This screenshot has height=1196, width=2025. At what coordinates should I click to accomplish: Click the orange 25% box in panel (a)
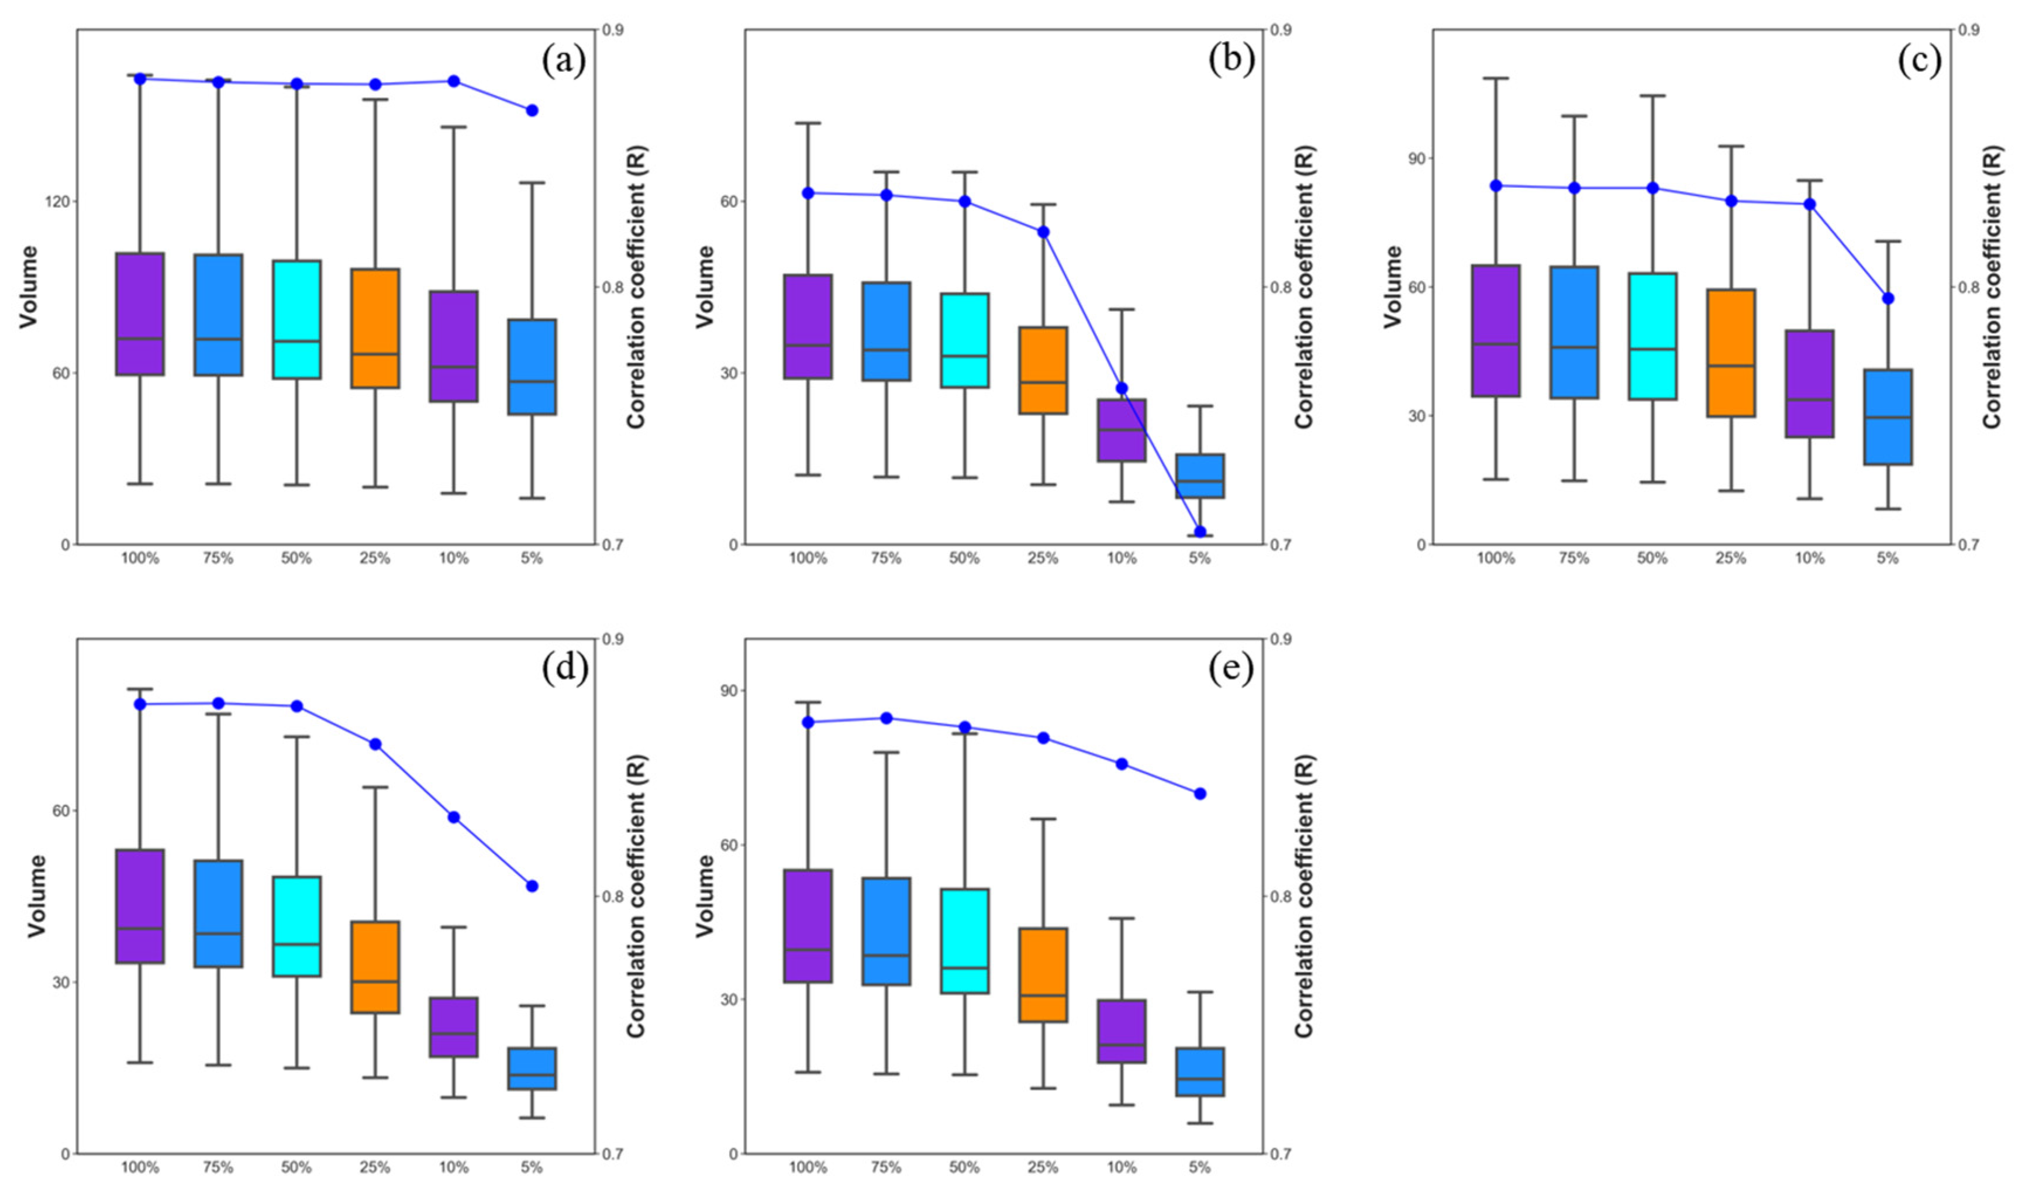(x=375, y=328)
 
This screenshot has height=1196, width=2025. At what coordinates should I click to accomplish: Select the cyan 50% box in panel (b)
(x=965, y=340)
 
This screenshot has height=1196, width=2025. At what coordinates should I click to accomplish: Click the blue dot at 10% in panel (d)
(x=454, y=817)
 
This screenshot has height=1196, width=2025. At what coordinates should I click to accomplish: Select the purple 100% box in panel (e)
(x=808, y=926)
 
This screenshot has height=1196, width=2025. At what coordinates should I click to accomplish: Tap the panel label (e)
(x=1230, y=670)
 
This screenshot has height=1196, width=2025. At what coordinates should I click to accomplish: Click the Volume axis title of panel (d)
(x=36, y=896)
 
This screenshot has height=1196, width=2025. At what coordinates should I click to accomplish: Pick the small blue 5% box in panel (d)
(x=532, y=1069)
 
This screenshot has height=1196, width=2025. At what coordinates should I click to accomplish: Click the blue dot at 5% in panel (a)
(x=532, y=111)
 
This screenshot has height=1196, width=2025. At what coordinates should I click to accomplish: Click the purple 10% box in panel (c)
(x=1810, y=384)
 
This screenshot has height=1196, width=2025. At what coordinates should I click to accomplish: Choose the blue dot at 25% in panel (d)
(x=375, y=744)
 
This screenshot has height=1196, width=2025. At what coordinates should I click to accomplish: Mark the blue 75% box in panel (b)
(x=886, y=331)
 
